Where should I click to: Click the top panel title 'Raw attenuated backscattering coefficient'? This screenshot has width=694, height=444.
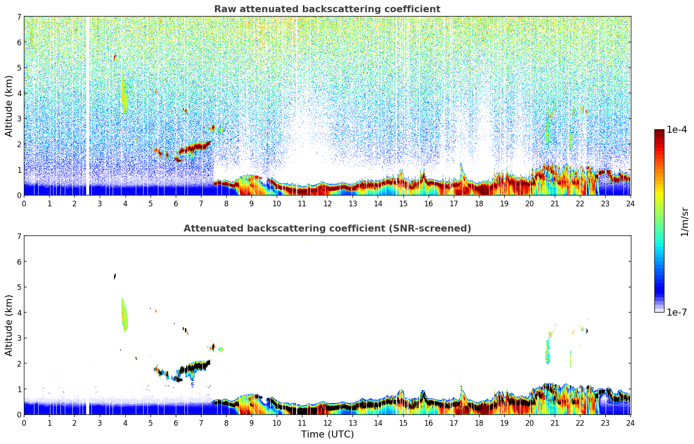click(x=327, y=9)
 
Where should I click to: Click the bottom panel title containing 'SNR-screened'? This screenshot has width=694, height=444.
click(x=327, y=229)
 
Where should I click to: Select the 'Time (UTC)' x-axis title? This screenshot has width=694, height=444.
click(x=327, y=434)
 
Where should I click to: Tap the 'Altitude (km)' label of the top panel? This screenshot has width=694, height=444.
click(x=9, y=106)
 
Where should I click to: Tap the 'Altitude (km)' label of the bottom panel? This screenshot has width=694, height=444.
click(x=9, y=325)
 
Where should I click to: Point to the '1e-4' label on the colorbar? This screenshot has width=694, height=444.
click(x=677, y=130)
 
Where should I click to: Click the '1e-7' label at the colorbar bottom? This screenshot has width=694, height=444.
click(x=677, y=312)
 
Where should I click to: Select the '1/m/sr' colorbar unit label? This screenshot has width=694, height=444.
click(x=684, y=222)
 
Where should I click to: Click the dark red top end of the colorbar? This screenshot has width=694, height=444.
click(x=659, y=132)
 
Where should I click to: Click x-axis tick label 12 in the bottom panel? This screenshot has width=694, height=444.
click(x=327, y=423)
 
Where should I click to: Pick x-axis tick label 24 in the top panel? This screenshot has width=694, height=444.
click(x=630, y=203)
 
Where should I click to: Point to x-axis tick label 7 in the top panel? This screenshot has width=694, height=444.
click(x=201, y=203)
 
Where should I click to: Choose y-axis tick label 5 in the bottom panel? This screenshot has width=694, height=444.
click(x=19, y=287)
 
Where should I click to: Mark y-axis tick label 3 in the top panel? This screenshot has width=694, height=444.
click(x=19, y=119)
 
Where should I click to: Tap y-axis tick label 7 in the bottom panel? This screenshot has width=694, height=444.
click(x=19, y=236)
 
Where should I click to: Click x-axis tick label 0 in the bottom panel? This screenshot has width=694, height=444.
click(x=24, y=423)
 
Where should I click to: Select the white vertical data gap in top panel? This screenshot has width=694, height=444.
click(x=87, y=104)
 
